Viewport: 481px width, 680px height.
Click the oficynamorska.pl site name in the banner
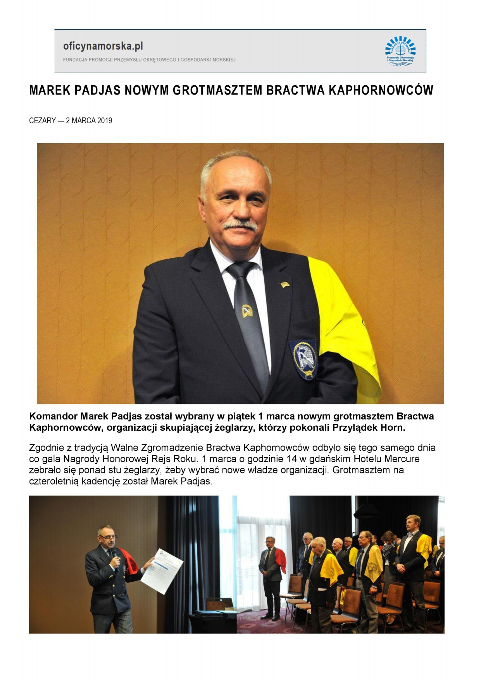tap(103, 46)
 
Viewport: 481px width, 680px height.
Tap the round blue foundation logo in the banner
tap(400, 50)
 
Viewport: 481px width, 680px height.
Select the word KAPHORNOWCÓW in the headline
tap(381, 90)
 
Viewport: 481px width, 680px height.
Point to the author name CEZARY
tap(42, 121)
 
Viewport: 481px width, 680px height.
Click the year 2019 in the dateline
tap(104, 121)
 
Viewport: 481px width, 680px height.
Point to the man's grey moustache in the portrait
tap(240, 225)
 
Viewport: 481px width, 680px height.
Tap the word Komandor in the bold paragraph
tap(53, 416)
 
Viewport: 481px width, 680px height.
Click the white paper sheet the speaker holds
tap(162, 570)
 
